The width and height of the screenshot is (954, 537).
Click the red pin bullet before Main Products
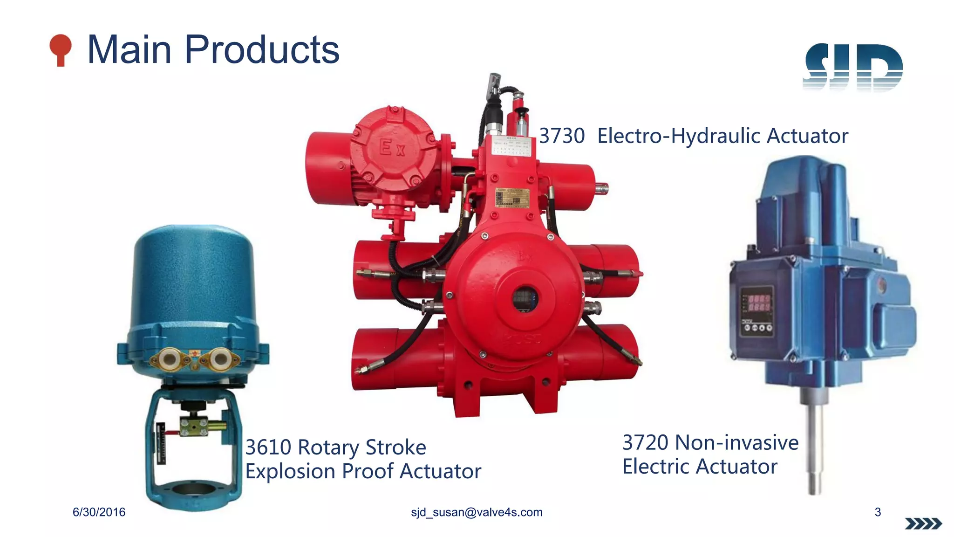[x=61, y=49]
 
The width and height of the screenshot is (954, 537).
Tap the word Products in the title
[x=262, y=50]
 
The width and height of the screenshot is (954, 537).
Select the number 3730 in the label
[x=562, y=136]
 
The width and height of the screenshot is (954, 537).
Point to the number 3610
[x=268, y=447]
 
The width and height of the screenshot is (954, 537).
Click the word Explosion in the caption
[x=291, y=471]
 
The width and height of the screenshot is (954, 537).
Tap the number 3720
[x=645, y=443]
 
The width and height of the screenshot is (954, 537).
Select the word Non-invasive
[x=737, y=443]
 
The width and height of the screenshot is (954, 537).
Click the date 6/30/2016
[x=99, y=512]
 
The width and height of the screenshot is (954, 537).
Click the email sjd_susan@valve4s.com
[x=477, y=512]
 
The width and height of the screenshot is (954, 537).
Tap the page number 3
[x=878, y=512]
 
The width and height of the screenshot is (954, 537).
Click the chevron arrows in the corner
[x=923, y=524]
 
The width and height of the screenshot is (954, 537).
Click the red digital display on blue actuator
[x=759, y=303]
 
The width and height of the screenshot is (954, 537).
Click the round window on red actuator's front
[x=525, y=299]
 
